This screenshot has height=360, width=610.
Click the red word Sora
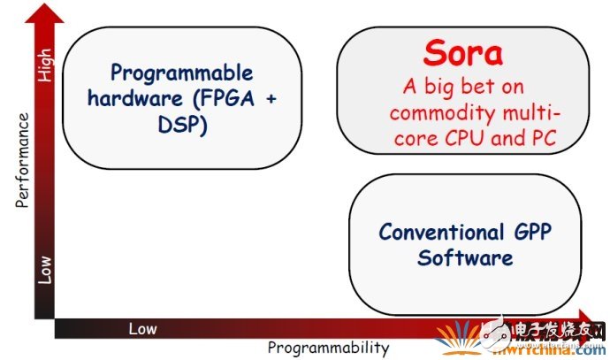pyautogui.click(x=462, y=54)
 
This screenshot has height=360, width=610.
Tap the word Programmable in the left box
pyautogui.click(x=181, y=73)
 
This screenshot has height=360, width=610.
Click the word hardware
pyautogui.click(x=147, y=98)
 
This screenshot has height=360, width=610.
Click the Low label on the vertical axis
pyautogui.click(x=45, y=270)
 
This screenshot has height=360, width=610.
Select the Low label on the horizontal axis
pyautogui.click(x=142, y=329)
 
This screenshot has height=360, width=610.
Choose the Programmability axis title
pyautogui.click(x=328, y=348)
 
